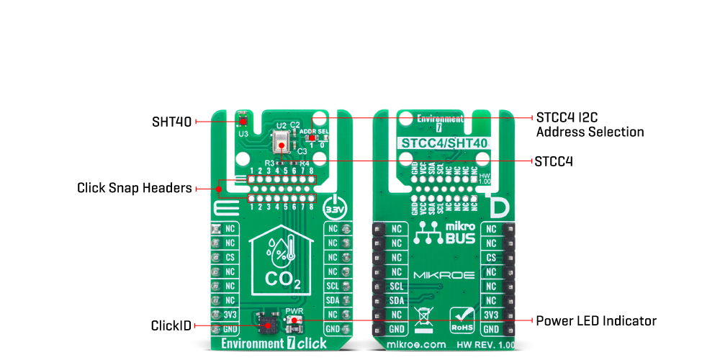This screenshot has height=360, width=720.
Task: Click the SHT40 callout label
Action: point(171,122)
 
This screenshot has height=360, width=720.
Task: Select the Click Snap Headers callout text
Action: point(134,189)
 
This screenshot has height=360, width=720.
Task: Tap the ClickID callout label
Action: point(171,326)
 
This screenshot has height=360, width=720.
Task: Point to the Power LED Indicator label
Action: point(596,320)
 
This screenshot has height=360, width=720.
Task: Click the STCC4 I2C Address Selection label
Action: point(590,125)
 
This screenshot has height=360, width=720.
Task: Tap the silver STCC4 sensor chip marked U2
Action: point(281,141)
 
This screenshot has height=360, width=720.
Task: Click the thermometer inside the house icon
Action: point(289,250)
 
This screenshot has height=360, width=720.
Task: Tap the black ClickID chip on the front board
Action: point(269,322)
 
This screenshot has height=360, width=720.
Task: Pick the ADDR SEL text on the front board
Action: point(314,131)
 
